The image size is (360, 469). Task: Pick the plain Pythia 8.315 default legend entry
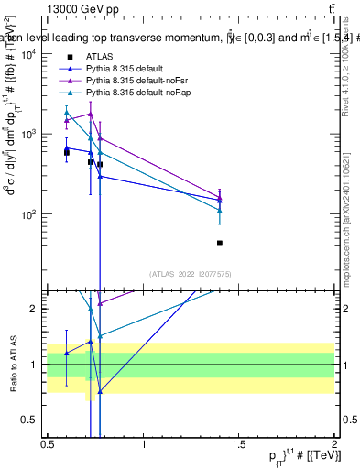(x=123, y=69)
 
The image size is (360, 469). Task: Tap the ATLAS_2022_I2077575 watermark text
(x=190, y=273)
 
